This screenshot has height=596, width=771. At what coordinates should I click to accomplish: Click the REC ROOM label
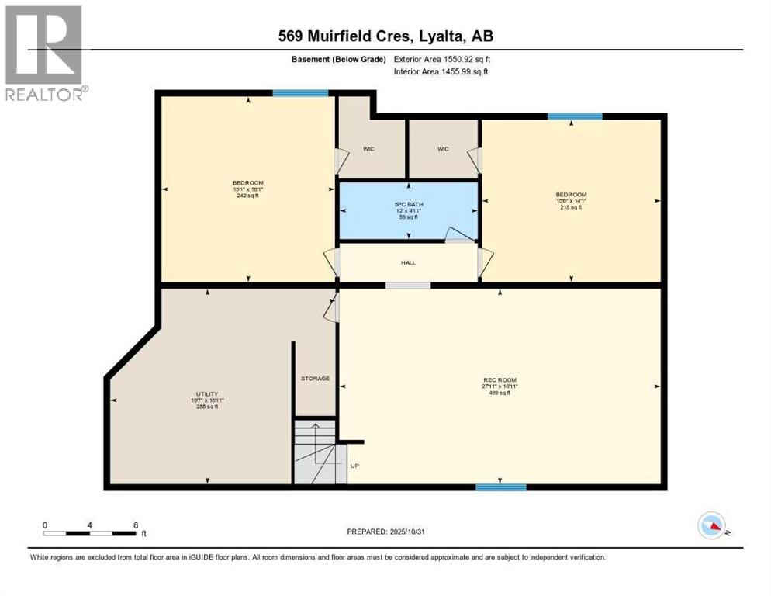click(499, 380)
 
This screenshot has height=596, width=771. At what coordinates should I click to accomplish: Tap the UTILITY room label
click(206, 394)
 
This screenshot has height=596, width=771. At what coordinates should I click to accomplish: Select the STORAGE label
click(315, 379)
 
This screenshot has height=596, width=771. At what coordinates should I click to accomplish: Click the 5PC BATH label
click(408, 206)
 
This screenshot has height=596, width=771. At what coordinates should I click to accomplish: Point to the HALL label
click(408, 262)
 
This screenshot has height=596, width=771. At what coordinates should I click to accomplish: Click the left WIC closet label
click(369, 149)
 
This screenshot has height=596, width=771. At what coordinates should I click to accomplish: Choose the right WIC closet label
click(443, 149)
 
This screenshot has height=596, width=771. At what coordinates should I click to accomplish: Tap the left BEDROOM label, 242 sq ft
click(248, 182)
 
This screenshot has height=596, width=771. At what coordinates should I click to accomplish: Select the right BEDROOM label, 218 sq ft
click(570, 194)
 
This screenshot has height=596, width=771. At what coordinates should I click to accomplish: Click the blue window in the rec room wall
click(500, 487)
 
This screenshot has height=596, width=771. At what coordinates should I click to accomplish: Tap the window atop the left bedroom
click(299, 93)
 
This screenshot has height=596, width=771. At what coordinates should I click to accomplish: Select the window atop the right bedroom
click(575, 116)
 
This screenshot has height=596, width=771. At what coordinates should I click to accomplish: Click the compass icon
click(712, 526)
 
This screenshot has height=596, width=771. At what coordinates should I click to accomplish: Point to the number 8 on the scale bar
click(136, 525)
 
